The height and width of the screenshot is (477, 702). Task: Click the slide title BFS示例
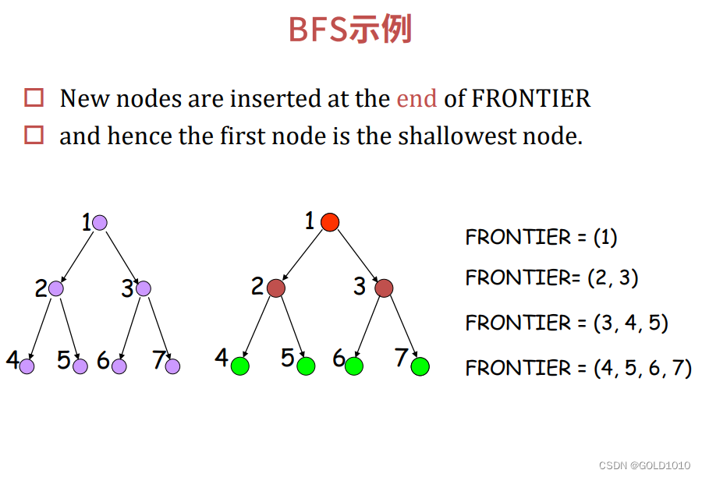click(349, 30)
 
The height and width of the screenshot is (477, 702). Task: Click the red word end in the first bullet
click(417, 99)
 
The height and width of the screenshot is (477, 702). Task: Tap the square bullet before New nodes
click(34, 98)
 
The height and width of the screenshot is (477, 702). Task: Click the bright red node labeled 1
click(330, 222)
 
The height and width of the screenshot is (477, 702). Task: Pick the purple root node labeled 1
click(99, 223)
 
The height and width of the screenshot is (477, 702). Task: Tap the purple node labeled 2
click(55, 288)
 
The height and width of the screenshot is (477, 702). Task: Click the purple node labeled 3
click(143, 288)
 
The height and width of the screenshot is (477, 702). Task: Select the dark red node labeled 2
click(275, 288)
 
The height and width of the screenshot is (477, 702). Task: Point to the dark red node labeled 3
click(383, 288)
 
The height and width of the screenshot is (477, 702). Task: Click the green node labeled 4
click(239, 366)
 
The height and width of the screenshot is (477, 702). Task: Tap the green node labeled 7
click(420, 366)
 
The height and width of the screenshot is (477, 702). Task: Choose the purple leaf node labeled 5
click(80, 366)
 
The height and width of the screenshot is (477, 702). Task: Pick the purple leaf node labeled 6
click(119, 366)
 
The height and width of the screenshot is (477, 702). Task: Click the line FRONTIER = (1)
click(541, 237)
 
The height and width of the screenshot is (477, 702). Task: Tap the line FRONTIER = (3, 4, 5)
click(566, 323)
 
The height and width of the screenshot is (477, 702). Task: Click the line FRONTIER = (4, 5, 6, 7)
click(578, 367)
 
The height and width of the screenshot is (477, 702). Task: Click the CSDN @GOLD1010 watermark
click(644, 465)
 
